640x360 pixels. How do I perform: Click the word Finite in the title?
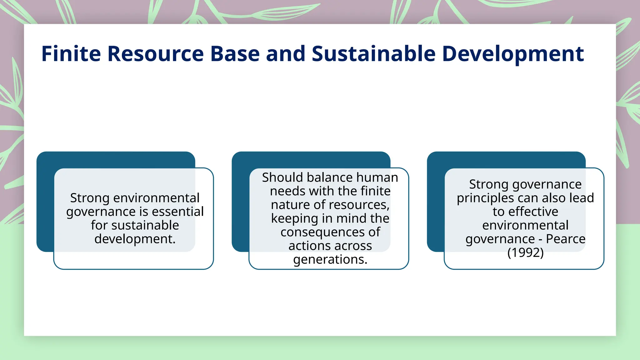(x=71, y=54)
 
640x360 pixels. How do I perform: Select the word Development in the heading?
(x=513, y=54)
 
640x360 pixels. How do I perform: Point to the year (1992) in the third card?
(x=525, y=252)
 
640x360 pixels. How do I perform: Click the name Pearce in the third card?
(x=565, y=239)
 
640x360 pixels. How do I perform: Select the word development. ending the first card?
(x=135, y=239)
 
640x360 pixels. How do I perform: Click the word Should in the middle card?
(x=282, y=177)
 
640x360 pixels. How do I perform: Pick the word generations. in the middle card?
(x=330, y=259)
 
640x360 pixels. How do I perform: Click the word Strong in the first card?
(x=90, y=198)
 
